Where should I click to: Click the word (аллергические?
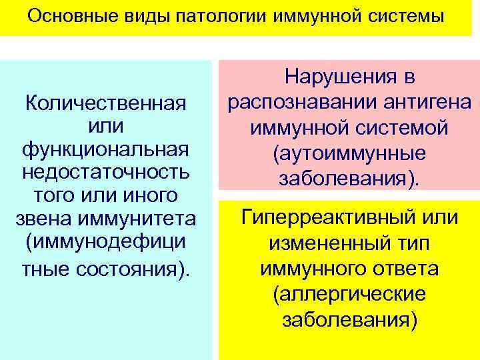[x=349, y=294]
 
